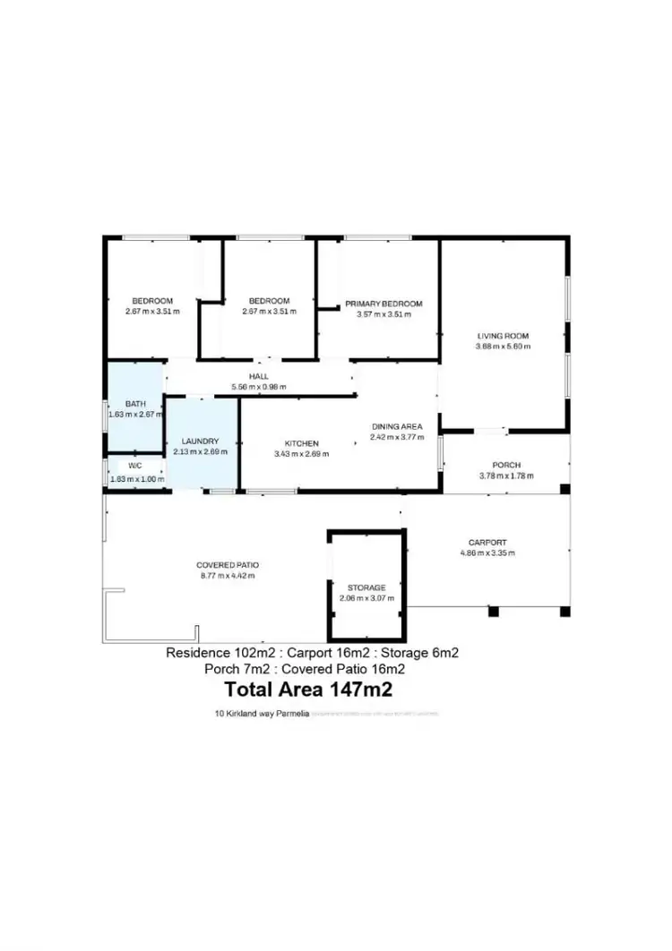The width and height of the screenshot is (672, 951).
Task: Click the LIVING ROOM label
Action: point(503,336)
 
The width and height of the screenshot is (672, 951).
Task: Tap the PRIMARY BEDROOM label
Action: point(383,304)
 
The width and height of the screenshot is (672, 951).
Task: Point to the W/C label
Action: point(134,466)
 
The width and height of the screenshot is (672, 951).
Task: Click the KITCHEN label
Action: point(302,443)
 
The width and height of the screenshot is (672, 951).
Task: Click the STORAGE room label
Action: point(367,587)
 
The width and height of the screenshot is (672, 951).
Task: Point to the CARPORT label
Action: point(487,543)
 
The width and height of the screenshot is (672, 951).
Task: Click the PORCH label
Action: point(506,466)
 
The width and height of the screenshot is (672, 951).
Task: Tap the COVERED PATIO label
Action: point(228,565)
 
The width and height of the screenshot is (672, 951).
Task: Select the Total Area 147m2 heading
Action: point(308,690)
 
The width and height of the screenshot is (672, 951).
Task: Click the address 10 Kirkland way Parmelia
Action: point(255,715)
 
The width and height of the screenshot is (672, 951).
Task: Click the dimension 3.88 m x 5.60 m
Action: point(503,347)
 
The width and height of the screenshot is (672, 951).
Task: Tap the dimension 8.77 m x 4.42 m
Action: point(228,576)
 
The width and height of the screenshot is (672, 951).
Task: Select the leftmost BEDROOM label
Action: point(152,301)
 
